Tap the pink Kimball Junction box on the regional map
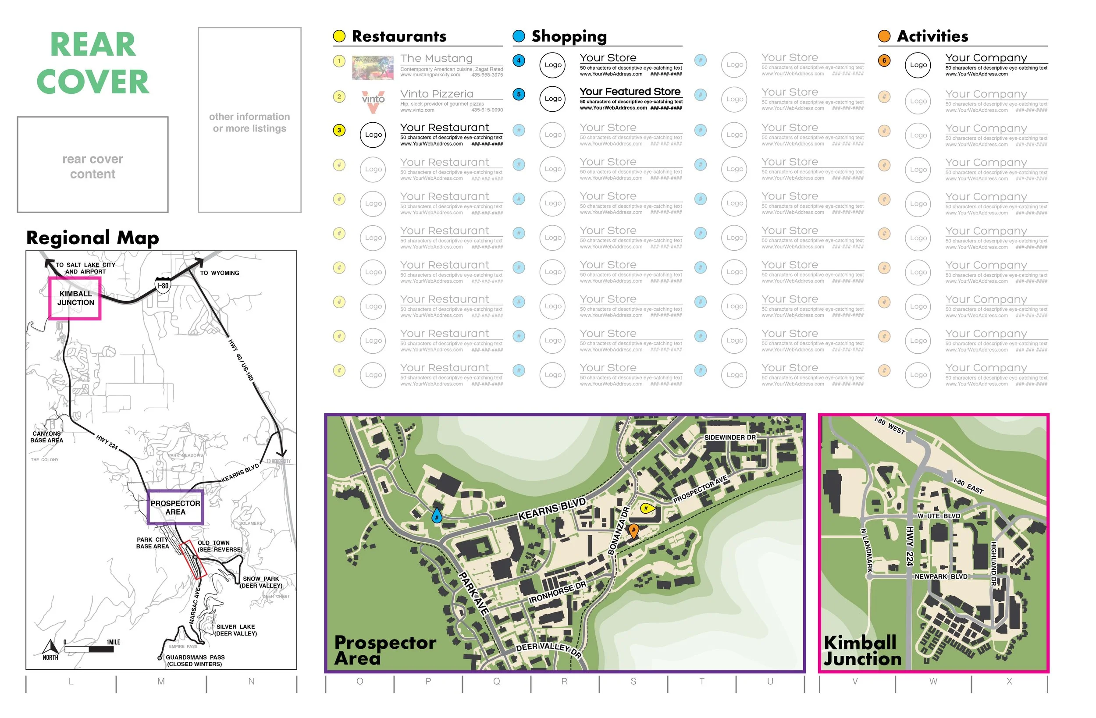point(75,299)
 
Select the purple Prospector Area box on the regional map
point(175,507)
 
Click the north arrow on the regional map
point(50,647)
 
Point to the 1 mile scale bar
point(89,649)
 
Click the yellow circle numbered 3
point(339,130)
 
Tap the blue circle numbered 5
point(519,94)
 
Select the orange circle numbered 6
point(884,60)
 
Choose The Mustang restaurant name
point(436,58)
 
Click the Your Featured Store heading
point(630,92)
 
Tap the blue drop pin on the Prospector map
point(437,515)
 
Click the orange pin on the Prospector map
point(633,530)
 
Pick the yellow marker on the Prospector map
point(647,508)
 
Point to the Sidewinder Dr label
point(729,437)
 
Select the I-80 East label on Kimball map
point(968,485)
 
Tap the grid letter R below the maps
point(564,681)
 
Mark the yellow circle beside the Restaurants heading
point(339,36)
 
